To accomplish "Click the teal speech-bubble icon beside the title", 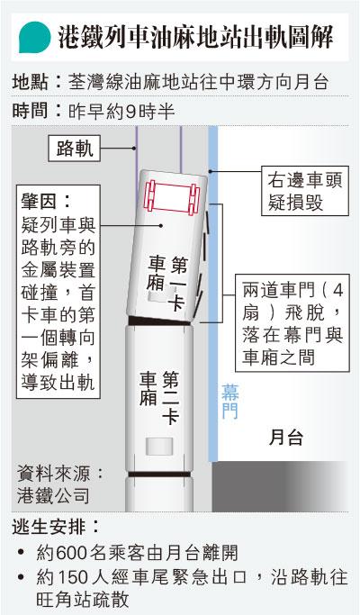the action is tap(34, 37).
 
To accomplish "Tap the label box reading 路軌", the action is tap(74, 149).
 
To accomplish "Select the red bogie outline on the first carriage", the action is tap(172, 198).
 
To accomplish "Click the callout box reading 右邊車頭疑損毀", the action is tap(305, 191).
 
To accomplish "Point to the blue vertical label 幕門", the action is tap(230, 402).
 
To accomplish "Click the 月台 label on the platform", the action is tap(286, 437).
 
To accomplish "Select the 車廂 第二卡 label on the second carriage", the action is tap(159, 397).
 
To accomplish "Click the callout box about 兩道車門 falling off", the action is tap(292, 323).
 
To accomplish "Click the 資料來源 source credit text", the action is tap(60, 484).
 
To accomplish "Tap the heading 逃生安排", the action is tap(55, 527).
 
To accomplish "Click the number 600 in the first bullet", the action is tap(71, 554).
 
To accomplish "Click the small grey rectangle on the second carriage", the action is tap(158, 447).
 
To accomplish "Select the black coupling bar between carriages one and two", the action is tap(160, 321).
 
